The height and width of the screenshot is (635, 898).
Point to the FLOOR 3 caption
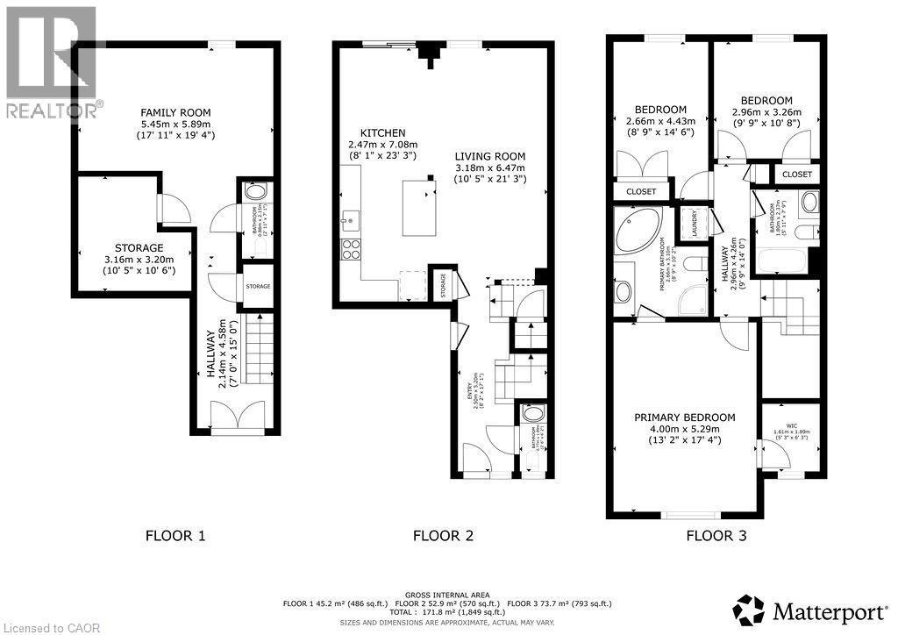[x=716, y=535]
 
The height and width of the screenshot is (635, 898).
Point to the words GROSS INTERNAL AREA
[x=447, y=595]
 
